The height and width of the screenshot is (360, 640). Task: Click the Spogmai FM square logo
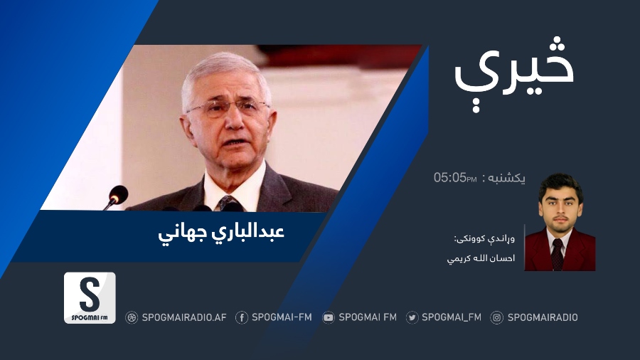pyautogui.click(x=90, y=298)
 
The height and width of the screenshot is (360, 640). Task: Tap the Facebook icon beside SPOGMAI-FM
pyautogui.click(x=242, y=317)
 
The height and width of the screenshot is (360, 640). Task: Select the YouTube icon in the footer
pyautogui.click(x=328, y=317)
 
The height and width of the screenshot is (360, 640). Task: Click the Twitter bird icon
pyautogui.click(x=412, y=317)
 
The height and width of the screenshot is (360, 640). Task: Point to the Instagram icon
pyautogui.click(x=497, y=317)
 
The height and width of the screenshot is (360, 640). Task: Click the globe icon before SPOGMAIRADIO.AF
pyautogui.click(x=132, y=317)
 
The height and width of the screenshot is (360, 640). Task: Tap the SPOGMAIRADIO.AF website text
pyautogui.click(x=184, y=317)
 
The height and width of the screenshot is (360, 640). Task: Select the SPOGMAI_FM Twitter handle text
pyautogui.click(x=452, y=317)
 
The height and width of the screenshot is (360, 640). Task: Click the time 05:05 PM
pyautogui.click(x=455, y=178)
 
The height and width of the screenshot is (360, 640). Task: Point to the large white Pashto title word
pyautogui.click(x=514, y=73)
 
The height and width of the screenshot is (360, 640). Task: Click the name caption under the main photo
pyautogui.click(x=221, y=233)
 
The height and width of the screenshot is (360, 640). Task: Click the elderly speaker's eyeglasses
pyautogui.click(x=227, y=108)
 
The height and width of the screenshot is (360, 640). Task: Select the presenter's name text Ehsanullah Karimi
pyautogui.click(x=481, y=258)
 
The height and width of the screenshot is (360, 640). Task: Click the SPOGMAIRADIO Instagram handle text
pyautogui.click(x=543, y=317)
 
